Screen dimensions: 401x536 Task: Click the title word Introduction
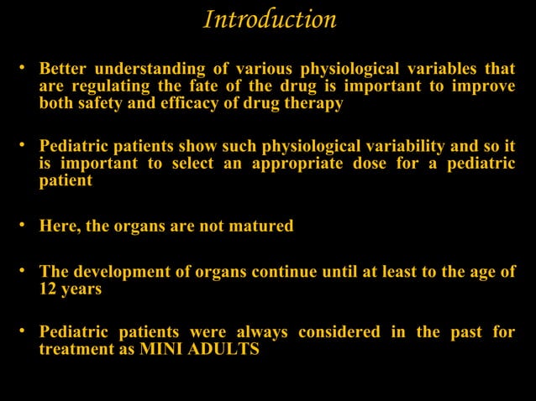(270, 19)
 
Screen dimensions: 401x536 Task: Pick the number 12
(49, 289)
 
